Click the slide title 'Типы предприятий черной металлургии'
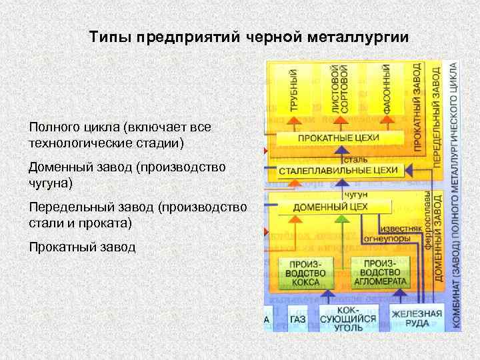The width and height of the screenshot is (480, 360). [249, 37]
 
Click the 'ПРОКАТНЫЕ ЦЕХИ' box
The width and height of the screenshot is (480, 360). [338, 137]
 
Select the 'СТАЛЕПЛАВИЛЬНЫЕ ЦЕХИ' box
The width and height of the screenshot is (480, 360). [338, 171]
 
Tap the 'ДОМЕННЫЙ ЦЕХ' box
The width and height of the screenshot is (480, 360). [330, 207]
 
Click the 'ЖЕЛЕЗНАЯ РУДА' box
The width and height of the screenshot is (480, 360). [416, 319]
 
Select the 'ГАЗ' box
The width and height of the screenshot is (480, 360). [298, 319]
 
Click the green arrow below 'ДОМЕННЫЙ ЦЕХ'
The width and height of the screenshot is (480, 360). [341, 220]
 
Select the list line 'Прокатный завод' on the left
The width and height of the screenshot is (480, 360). [82, 247]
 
